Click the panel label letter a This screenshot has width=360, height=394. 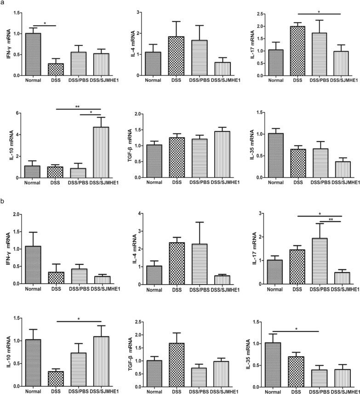point(3,3)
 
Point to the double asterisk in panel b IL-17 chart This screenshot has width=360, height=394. point(331,220)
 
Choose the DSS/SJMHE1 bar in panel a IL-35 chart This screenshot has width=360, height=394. point(338,170)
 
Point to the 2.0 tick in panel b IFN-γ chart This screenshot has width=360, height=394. point(18,214)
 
